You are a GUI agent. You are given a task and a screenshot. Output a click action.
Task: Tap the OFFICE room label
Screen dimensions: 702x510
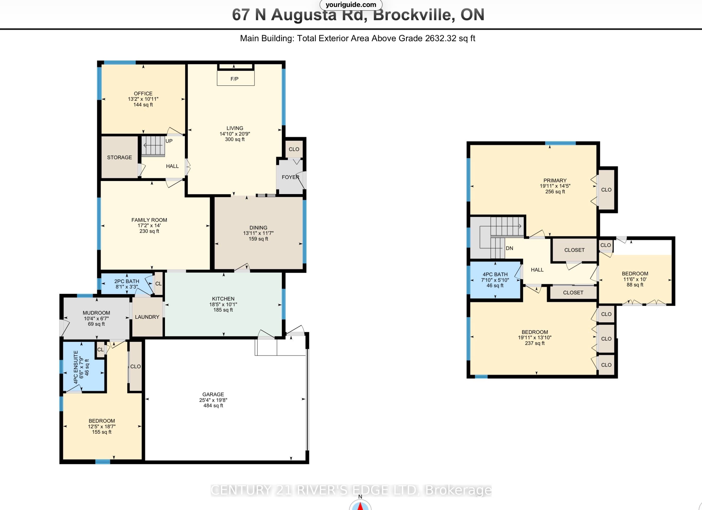tap(143, 94)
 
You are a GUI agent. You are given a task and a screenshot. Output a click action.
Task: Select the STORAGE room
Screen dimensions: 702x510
tap(119, 157)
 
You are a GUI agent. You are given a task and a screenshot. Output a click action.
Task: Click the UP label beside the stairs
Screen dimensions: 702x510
tap(169, 141)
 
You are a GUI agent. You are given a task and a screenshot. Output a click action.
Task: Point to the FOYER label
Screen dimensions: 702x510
tap(290, 177)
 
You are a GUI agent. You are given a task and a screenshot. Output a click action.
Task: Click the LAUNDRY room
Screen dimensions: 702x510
tap(147, 317)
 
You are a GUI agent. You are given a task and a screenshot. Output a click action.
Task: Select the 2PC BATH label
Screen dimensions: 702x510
tap(127, 281)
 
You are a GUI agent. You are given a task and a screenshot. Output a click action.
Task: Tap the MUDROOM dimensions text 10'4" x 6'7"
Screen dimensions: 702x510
tap(96, 318)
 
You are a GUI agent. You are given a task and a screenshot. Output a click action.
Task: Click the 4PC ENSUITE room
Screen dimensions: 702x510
tap(84, 367)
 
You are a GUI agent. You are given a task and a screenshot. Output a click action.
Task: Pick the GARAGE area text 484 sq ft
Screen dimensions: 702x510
tap(213, 406)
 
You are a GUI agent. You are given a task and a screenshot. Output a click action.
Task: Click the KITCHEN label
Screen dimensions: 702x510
tap(223, 299)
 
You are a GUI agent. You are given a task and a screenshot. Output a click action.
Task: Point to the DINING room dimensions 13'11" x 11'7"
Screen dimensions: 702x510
tap(258, 233)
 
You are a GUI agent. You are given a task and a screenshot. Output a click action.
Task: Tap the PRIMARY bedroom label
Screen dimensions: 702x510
tap(555, 180)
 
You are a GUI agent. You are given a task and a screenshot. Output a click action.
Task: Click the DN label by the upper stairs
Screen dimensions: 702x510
tap(510, 248)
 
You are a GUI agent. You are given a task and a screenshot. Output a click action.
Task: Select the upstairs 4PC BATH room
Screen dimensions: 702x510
tap(495, 280)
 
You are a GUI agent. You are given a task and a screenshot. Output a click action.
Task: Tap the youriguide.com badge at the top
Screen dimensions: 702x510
tap(351, 5)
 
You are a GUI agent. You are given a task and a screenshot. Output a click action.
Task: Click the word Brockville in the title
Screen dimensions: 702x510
tap(414, 15)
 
